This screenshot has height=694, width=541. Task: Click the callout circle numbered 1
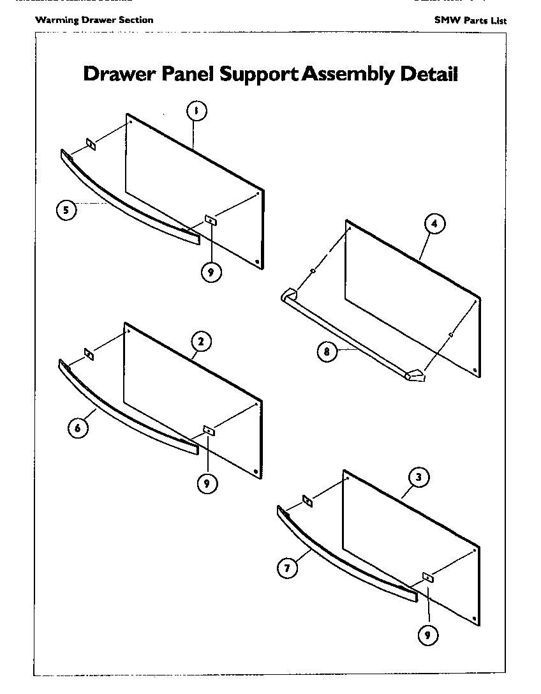click(x=196, y=111)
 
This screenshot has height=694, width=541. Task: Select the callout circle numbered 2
click(x=200, y=342)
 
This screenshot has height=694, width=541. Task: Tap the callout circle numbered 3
click(x=418, y=477)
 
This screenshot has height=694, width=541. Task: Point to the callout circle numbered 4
click(x=434, y=224)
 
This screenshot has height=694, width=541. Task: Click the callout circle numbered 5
click(x=66, y=209)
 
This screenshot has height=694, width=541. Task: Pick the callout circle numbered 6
click(x=77, y=428)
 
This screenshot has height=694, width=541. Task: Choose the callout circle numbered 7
click(x=288, y=568)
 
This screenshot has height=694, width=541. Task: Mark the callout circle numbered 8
click(x=327, y=352)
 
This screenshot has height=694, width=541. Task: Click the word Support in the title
click(x=259, y=75)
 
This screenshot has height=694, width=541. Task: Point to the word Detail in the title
click(x=429, y=74)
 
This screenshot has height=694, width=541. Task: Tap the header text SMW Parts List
click(x=470, y=20)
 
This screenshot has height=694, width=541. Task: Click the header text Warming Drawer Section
click(x=94, y=20)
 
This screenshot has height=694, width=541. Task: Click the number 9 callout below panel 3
click(x=428, y=635)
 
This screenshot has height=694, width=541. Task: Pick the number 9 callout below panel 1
click(x=211, y=272)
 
